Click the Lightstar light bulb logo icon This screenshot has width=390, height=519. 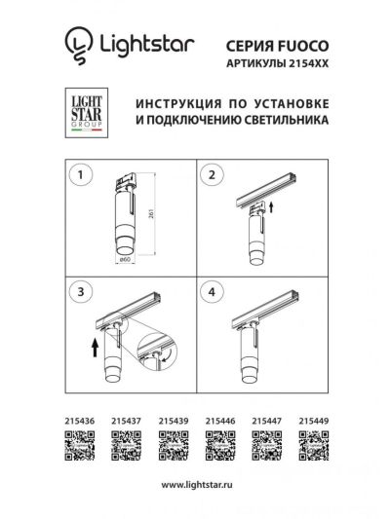78,45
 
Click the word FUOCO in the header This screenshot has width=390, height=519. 303,46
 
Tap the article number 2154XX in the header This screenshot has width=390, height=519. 309,63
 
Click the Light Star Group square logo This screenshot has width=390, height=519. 87,113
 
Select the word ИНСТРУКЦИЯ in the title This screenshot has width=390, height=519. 178,104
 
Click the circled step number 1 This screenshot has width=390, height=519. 80,174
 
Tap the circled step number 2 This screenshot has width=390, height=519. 212,174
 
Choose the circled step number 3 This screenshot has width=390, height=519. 80,292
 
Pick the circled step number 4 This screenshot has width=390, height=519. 212,292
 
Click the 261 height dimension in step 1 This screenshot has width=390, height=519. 152,214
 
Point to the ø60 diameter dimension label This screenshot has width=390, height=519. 124,259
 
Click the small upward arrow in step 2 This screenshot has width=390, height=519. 271,207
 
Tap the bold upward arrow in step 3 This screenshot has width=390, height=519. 96,347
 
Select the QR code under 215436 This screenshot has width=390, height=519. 80,446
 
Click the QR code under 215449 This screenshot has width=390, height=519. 314,446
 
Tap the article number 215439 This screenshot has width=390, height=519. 174,421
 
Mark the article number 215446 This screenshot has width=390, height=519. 220,421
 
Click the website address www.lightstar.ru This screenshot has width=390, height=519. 197,485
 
